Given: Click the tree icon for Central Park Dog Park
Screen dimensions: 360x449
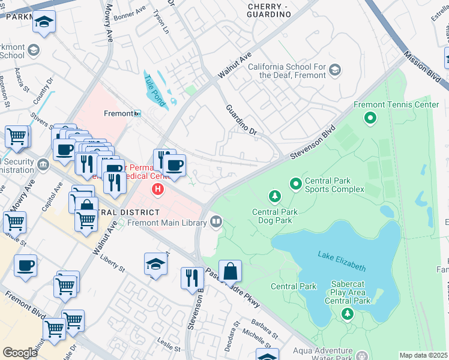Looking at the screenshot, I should (275, 196).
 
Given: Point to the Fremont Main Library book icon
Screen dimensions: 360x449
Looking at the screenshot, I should (216, 223).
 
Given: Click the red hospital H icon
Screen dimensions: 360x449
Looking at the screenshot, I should (158, 190).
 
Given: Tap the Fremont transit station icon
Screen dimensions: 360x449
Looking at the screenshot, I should (137, 113).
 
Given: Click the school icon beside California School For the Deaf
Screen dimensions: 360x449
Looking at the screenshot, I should (335, 71).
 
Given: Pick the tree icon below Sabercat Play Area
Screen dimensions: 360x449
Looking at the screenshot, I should (347, 313).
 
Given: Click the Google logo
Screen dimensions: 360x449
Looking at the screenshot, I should (20, 352).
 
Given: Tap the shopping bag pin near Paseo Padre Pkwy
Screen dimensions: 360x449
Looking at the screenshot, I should (230, 272).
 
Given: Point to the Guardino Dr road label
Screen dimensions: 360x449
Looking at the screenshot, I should (241, 119).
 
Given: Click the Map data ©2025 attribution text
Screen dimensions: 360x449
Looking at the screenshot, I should (424, 355).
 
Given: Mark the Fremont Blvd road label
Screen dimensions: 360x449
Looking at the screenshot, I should (26, 307).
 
